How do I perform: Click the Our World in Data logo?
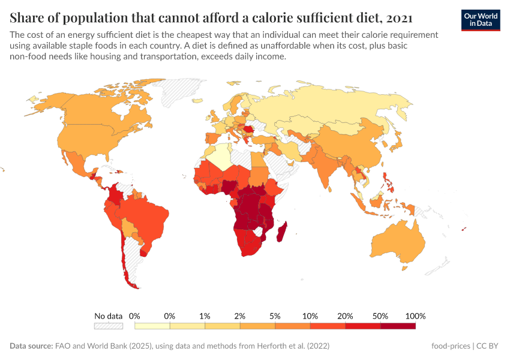481,19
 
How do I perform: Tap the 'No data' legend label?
108,316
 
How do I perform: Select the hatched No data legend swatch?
108,326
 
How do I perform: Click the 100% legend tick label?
415,316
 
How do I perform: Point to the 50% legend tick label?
380,316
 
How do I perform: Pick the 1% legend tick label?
205,316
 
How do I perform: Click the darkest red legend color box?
398,326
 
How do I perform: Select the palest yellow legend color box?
152,326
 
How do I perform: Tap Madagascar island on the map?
280,231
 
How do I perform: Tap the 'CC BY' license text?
488,346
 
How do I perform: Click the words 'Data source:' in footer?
31,346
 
